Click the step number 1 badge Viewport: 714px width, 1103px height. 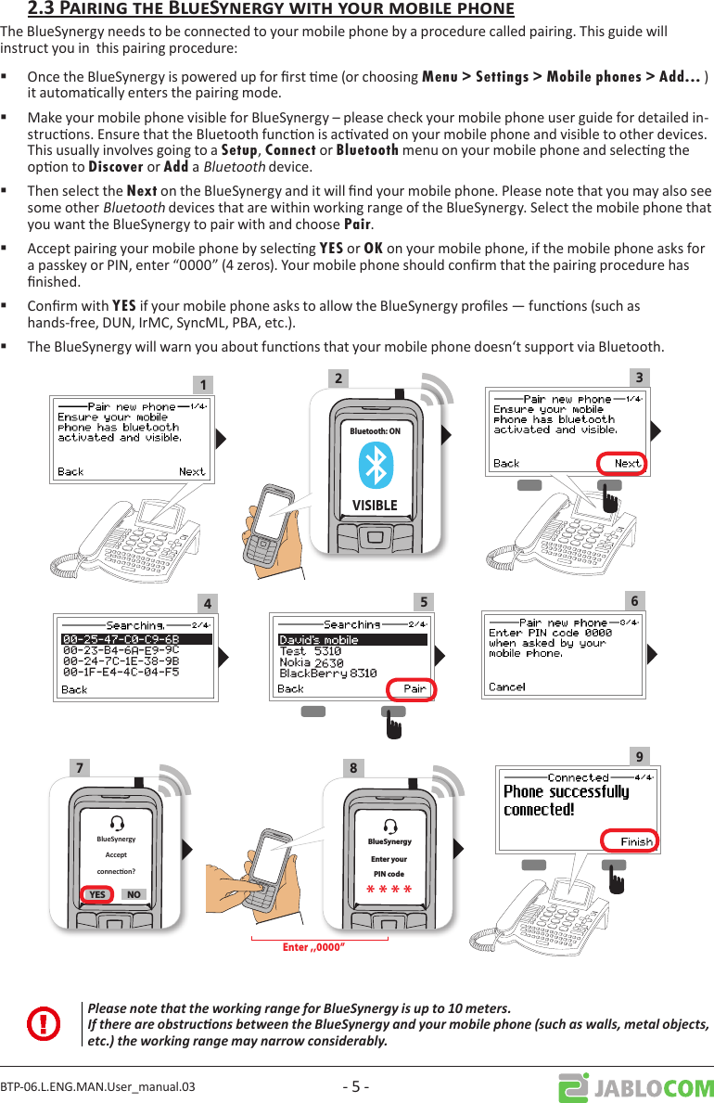tap(200, 384)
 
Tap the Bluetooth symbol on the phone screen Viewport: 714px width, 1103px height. tap(376, 464)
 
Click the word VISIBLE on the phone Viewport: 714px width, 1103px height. tap(375, 506)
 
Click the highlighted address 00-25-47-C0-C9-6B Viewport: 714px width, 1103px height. tap(121, 639)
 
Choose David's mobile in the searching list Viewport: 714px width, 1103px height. tap(319, 640)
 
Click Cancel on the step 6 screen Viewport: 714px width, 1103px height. tap(506, 687)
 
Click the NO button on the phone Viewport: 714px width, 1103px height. tap(134, 894)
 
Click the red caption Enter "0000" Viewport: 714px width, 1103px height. tap(320, 947)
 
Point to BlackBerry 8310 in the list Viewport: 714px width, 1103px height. tap(327, 673)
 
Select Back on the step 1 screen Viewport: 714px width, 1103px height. tap(70, 471)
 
